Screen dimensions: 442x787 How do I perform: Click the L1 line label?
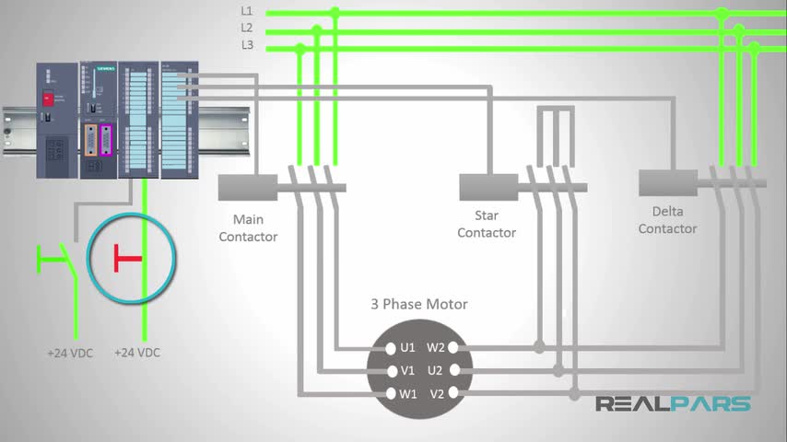(247, 11)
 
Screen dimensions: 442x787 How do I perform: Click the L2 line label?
(247, 28)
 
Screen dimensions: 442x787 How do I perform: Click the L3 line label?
(247, 44)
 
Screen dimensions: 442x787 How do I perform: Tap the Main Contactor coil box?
(249, 187)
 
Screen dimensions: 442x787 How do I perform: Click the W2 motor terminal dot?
(454, 348)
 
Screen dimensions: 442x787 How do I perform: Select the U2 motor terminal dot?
(454, 371)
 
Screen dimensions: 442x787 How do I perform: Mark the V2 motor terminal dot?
(454, 393)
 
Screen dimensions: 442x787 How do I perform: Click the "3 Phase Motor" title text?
(419, 304)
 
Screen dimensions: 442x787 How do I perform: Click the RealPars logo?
(673, 403)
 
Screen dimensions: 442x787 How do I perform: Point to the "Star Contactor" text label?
(487, 224)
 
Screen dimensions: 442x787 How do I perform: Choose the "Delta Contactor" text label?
(667, 220)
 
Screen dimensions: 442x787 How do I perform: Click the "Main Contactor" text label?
(249, 227)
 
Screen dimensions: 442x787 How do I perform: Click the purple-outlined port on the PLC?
(107, 140)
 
